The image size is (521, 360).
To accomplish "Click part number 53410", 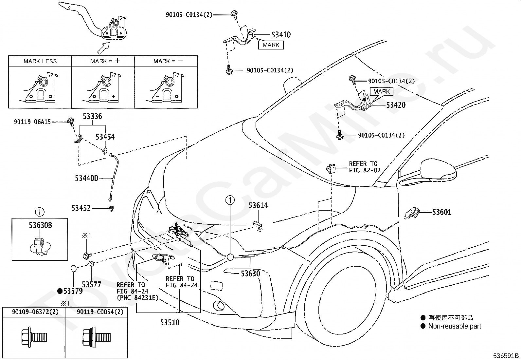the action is tap(281, 35).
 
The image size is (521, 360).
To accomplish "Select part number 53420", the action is tap(396, 105).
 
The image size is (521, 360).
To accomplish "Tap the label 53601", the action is tap(442, 212).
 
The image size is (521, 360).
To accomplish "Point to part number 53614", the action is tap(258, 205).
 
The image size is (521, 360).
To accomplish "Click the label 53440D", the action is tap(86, 179).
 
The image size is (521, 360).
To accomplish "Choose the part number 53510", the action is tap(170, 323).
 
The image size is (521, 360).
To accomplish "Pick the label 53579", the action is tap(73, 291).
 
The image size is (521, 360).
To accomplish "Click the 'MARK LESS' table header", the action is tap(40, 61).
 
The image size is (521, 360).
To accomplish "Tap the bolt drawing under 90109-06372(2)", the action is tap(34, 337).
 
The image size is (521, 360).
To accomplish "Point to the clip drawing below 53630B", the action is tap(40, 247).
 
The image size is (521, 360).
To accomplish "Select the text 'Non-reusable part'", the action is tap(455, 326).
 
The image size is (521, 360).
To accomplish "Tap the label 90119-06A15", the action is tap(32, 122).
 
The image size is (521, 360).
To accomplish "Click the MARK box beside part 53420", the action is tap(382, 91).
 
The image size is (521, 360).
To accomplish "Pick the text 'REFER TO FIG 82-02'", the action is tap(365, 167).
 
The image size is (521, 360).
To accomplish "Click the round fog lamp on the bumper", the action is tap(219, 306).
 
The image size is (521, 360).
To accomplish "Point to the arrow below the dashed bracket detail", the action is tap(103, 48).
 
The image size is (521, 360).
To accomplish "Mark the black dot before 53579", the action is tap(60, 291).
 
